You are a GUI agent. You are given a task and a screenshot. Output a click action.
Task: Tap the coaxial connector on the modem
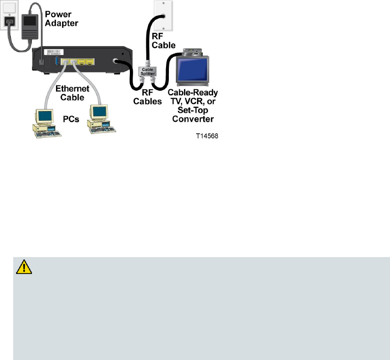click(x=116, y=61)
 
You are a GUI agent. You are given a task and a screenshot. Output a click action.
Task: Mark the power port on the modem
click(x=41, y=62)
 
